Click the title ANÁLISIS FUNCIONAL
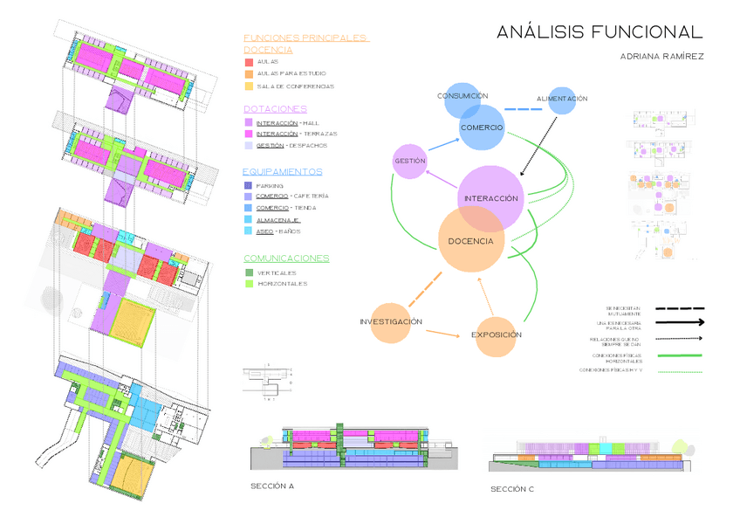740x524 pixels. pos(599,32)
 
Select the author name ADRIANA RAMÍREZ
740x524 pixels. pos(661,56)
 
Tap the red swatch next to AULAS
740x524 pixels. pos(249,63)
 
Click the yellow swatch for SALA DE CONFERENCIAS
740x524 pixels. pos(249,86)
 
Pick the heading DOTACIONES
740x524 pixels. pos(274,109)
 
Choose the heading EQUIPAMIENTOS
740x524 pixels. pos(282,172)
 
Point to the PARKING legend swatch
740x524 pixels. pos(249,186)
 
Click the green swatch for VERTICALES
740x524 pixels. pos(249,272)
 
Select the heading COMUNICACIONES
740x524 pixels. pos(285,259)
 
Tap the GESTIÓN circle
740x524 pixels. pos(409,162)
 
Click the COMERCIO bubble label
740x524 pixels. pos(481,128)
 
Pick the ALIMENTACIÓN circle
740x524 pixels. pos(562,99)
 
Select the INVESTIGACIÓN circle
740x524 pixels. pos(391,322)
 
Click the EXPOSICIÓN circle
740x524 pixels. pos(496,335)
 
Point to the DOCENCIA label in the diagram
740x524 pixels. pos(470,241)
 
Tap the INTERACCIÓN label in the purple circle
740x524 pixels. pos(491,198)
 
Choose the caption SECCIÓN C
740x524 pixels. pos(512,488)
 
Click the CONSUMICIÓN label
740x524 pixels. pos(462,96)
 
